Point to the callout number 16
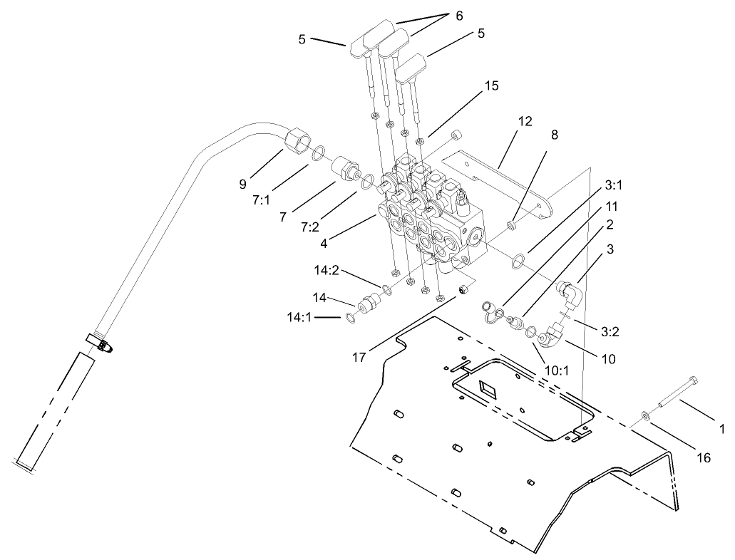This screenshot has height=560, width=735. (703, 458)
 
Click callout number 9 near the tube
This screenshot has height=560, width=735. (244, 184)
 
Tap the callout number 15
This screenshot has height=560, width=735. (490, 85)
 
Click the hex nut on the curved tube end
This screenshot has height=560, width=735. (294, 139)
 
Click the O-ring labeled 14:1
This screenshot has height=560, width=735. (350, 317)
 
